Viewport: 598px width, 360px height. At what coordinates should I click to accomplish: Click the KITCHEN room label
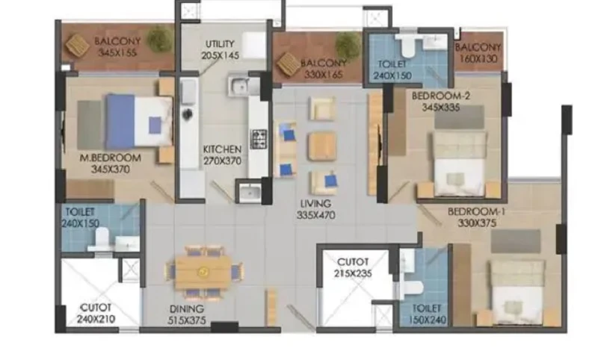(x=222, y=149)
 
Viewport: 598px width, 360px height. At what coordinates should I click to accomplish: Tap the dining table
(x=203, y=272)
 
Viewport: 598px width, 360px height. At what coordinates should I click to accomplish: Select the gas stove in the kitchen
(x=259, y=139)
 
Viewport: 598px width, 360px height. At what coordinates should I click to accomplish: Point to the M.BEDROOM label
(x=110, y=158)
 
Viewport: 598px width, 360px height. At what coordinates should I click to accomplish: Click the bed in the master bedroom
(x=139, y=121)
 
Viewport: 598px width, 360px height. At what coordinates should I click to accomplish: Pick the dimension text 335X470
(x=315, y=215)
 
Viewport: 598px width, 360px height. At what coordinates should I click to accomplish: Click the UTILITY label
(x=220, y=44)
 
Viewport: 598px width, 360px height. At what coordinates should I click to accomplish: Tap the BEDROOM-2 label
(x=441, y=96)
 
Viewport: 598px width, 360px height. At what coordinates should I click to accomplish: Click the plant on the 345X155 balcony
(x=160, y=40)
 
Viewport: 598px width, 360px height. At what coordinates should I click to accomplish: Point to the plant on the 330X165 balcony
(x=348, y=45)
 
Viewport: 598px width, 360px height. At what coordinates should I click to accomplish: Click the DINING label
(x=187, y=309)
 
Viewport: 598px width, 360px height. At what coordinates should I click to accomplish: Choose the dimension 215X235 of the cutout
(x=353, y=273)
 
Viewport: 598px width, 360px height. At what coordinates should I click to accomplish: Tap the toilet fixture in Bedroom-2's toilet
(x=408, y=45)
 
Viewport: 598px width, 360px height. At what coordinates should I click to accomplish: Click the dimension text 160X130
(x=478, y=59)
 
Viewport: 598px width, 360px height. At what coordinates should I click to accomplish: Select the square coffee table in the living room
(x=322, y=146)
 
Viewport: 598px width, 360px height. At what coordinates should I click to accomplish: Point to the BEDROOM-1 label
(x=477, y=211)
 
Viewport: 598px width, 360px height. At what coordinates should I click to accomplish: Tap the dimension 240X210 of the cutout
(x=96, y=319)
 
